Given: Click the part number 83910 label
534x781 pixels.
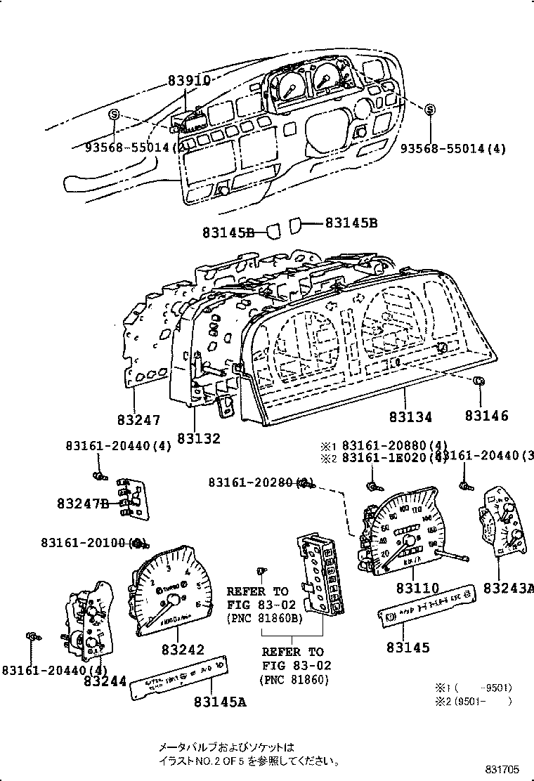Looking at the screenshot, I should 189,81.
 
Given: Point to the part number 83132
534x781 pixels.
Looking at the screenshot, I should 198,438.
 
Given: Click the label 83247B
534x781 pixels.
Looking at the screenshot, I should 83,504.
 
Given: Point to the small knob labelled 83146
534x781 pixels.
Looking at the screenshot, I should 478,381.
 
